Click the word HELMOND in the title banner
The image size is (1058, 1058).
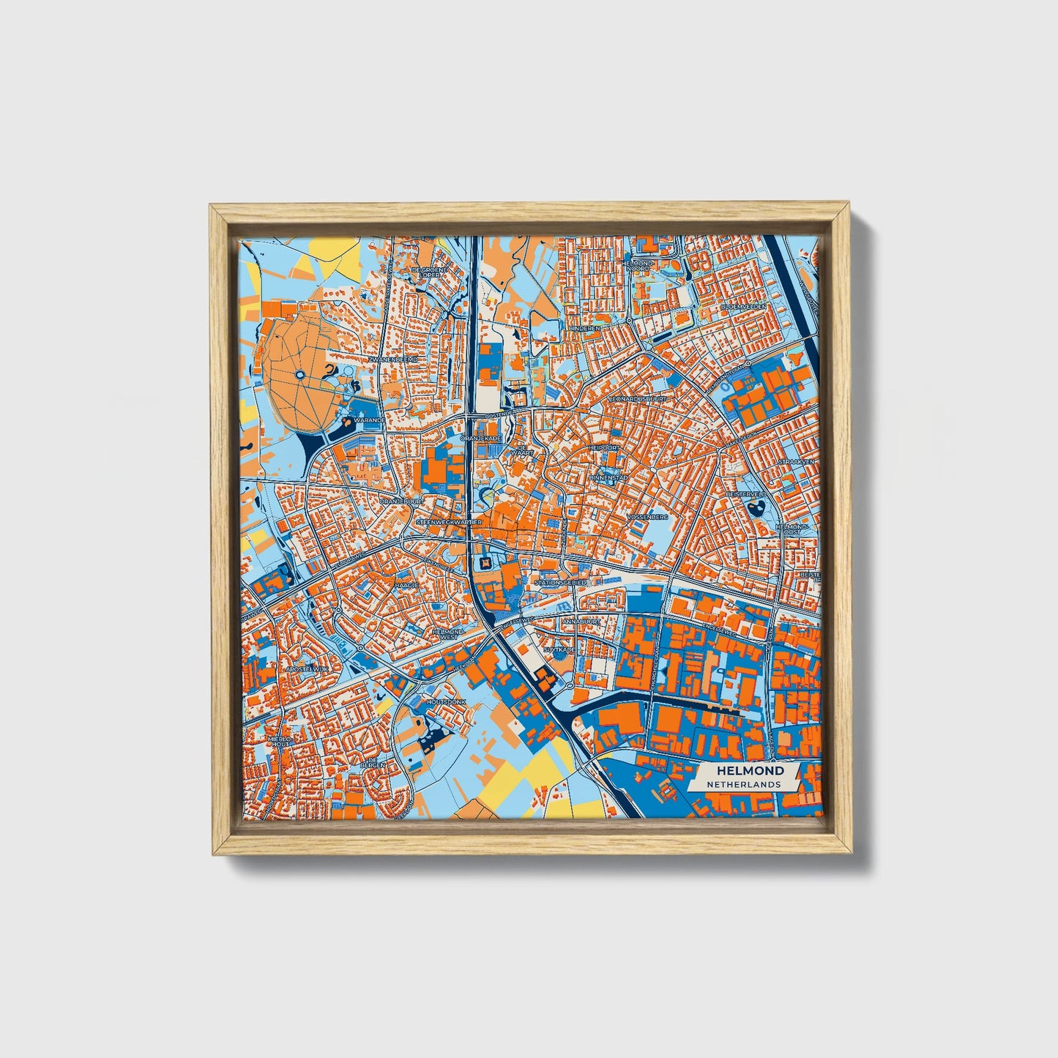[750, 770]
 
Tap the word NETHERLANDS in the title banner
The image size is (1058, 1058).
[743, 784]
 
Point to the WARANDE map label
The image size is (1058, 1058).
[369, 422]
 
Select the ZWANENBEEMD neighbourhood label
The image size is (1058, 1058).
[393, 360]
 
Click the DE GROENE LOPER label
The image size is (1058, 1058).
[429, 272]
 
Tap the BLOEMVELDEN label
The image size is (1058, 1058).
[743, 306]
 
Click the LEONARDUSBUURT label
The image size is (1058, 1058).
[638, 399]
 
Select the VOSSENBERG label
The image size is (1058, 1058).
[648, 517]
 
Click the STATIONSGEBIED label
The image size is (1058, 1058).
[561, 583]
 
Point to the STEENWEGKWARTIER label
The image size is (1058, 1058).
[449, 522]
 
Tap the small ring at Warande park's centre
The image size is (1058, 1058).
[300, 376]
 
